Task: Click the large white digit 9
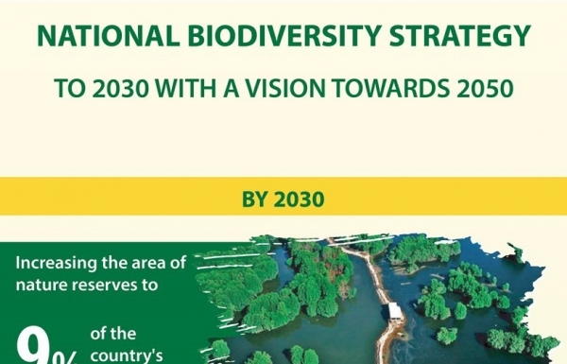[40, 348]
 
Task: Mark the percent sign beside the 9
[72, 354]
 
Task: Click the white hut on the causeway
[395, 311]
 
